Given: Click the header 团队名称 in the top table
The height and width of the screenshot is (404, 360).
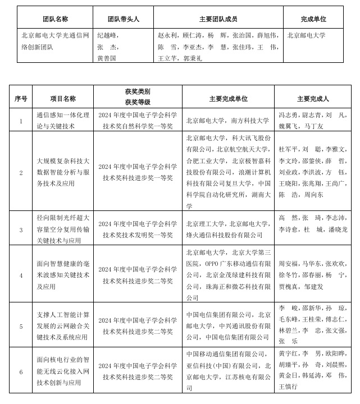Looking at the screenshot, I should (x=54, y=19).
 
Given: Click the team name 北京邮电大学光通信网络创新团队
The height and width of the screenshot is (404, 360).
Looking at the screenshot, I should (x=54, y=40).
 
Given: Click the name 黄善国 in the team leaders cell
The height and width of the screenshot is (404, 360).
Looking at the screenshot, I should (x=107, y=58).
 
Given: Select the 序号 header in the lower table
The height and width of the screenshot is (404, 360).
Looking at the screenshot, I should (x=21, y=99).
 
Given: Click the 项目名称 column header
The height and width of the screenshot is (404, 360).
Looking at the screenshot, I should (x=62, y=99).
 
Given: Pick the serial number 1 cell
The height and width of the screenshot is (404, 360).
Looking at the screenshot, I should (x=21, y=121).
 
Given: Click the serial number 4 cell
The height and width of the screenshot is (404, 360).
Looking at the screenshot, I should (x=21, y=275).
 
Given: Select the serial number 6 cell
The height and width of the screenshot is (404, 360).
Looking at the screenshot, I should (x=21, y=371).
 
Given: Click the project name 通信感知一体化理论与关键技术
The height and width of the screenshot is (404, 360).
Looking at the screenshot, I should (x=62, y=121).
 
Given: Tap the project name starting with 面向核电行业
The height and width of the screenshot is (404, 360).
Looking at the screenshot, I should (x=62, y=371).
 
